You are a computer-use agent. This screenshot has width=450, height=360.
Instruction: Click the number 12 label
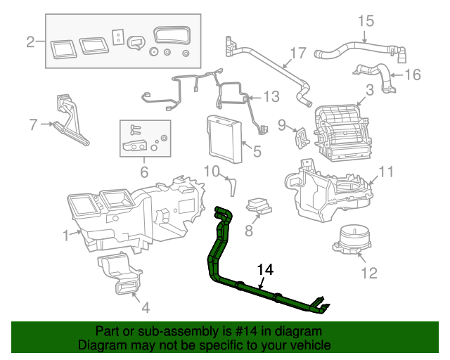pyautogui.click(x=368, y=272)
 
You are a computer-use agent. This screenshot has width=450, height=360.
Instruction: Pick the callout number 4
pyautogui.click(x=145, y=307)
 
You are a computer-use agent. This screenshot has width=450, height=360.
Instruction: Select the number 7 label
pyautogui.click(x=32, y=125)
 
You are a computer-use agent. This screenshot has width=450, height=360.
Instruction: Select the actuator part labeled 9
pyautogui.click(x=301, y=135)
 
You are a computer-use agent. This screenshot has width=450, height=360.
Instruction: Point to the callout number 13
pyautogui.click(x=271, y=96)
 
